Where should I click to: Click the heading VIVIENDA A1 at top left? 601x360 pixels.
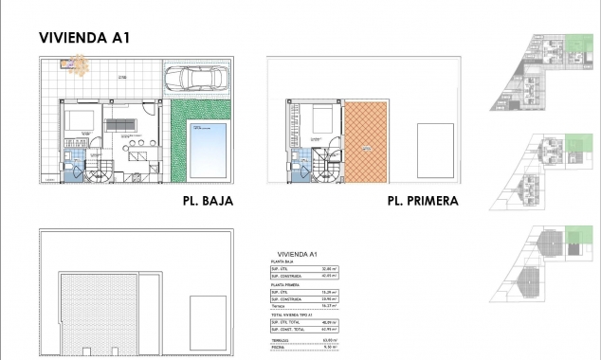[x=84, y=38]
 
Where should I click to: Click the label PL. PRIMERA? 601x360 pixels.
[x=423, y=201]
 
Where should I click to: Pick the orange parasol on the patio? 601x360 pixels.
[x=77, y=64]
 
